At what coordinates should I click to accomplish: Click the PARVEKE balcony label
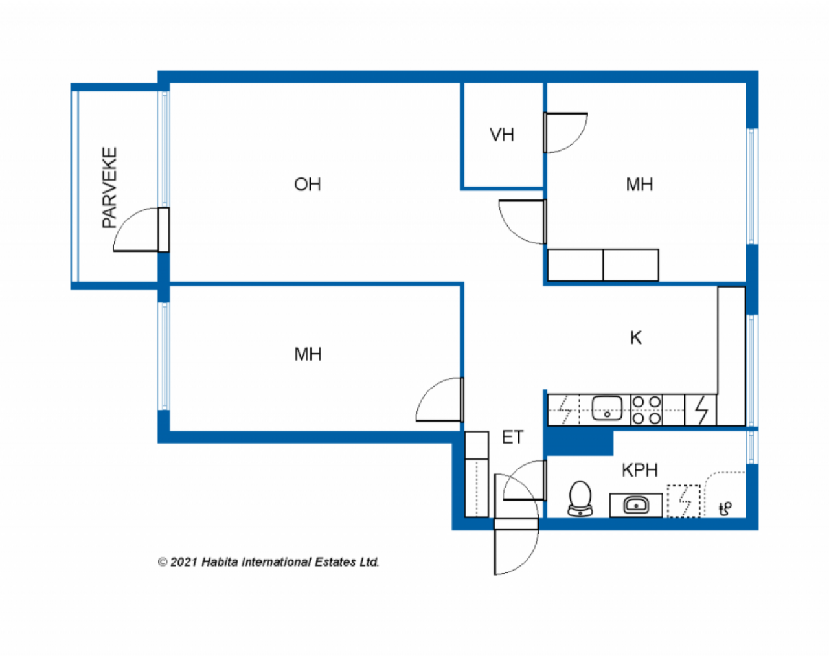[109, 188]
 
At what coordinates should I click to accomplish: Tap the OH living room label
[308, 185]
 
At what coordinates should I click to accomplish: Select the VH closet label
[501, 135]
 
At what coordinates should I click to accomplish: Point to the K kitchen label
[635, 338]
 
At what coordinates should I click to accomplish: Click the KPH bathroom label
[640, 470]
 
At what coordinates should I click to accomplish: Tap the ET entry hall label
[512, 438]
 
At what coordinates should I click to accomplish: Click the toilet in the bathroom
[580, 499]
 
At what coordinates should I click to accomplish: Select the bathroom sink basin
[636, 504]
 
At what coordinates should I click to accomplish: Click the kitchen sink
[607, 409]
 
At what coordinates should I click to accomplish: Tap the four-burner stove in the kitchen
[646, 410]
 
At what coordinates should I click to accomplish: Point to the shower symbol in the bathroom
[725, 508]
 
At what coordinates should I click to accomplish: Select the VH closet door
[566, 133]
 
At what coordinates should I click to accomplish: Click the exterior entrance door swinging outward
[516, 552]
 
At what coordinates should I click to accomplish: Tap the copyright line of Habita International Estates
[269, 562]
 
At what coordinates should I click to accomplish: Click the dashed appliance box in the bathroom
[684, 501]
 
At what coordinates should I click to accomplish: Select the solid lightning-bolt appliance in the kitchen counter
[701, 410]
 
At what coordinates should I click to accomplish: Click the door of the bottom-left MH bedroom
[440, 400]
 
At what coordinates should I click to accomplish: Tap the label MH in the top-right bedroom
[639, 185]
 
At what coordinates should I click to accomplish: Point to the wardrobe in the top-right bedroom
[603, 265]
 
